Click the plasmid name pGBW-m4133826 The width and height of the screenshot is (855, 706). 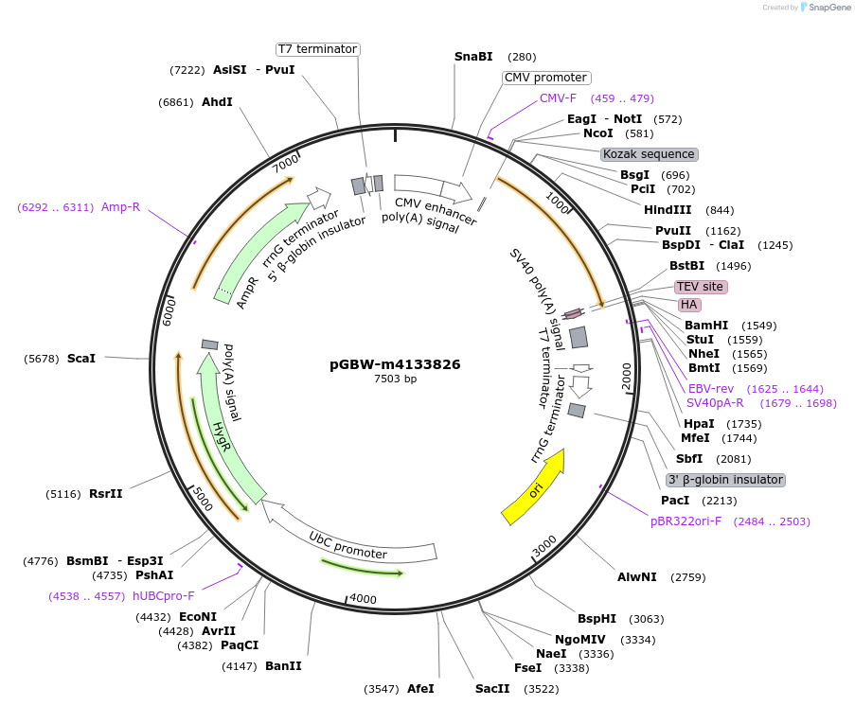(x=395, y=363)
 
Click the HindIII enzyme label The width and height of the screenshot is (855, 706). (x=668, y=210)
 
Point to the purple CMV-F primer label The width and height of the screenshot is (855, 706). (x=558, y=98)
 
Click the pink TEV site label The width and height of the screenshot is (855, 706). (x=700, y=287)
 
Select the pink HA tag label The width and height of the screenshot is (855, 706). (x=688, y=305)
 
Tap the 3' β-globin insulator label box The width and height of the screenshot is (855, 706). (x=725, y=480)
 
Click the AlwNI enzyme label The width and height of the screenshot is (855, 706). (x=636, y=577)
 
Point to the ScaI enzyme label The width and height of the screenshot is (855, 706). (x=81, y=359)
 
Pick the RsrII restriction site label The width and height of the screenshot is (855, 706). (x=106, y=494)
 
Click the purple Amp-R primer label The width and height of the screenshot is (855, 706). (x=120, y=207)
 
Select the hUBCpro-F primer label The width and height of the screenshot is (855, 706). (x=163, y=596)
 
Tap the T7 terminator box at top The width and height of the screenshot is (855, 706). (x=317, y=49)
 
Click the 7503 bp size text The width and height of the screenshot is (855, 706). (x=395, y=379)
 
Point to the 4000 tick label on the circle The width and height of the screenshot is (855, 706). (x=364, y=599)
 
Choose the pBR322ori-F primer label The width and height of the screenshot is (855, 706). (x=686, y=521)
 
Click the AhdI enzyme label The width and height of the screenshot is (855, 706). (x=217, y=102)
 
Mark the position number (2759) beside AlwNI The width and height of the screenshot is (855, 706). (x=688, y=577)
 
